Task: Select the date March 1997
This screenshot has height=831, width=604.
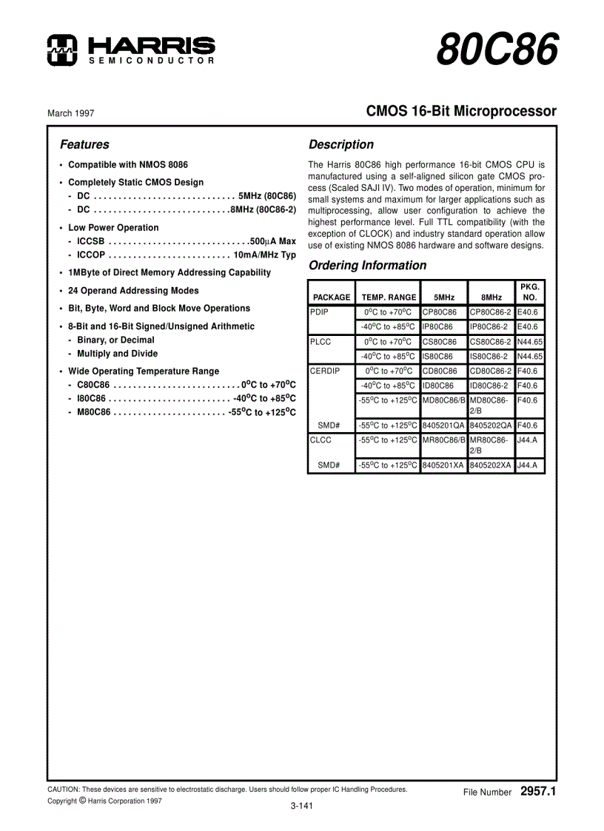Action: [x=71, y=113]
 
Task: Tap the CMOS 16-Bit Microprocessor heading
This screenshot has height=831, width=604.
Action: [x=461, y=112]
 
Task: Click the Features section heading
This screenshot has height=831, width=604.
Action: [x=84, y=145]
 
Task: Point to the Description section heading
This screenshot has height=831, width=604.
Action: [x=340, y=145]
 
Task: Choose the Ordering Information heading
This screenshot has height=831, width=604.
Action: [x=367, y=266]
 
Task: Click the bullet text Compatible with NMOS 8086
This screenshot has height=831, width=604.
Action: [x=127, y=165]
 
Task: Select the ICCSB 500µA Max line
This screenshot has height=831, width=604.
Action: [x=186, y=241]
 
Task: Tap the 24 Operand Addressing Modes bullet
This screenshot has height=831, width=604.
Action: [x=133, y=291]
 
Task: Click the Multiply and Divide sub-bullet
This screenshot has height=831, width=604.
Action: [x=117, y=354]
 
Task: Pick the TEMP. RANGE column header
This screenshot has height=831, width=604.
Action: [x=389, y=297]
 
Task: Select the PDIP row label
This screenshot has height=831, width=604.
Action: [x=319, y=312]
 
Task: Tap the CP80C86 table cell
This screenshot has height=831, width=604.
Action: [x=440, y=312]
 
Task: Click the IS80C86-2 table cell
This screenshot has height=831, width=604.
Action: [x=489, y=356]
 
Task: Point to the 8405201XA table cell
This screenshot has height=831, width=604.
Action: [x=443, y=465]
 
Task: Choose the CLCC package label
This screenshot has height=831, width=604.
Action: [x=321, y=440]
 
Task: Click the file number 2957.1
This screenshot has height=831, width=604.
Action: [x=537, y=791]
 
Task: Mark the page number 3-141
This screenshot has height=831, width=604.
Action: [x=301, y=807]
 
